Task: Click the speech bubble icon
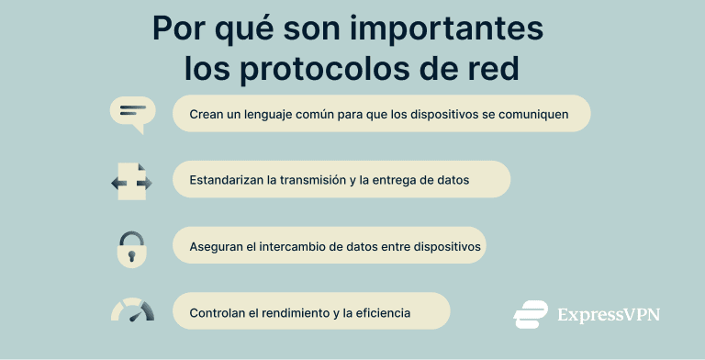[131, 114]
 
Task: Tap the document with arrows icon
[131, 182]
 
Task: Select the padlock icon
[131, 247]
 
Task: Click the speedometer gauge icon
[132, 310]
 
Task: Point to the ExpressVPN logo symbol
[531, 314]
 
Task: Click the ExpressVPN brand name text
[609, 315]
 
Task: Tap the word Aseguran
[218, 246]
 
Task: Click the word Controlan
[218, 312]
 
